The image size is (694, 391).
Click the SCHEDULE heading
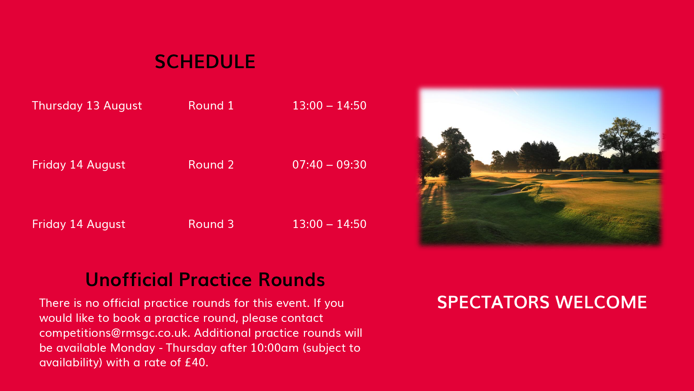click(x=205, y=62)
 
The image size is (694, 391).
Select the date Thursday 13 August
click(x=87, y=106)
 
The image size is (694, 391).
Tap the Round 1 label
click(x=211, y=106)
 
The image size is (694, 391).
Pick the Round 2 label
click(x=211, y=165)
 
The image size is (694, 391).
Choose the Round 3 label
click(x=211, y=224)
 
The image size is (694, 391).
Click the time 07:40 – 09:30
click(x=329, y=165)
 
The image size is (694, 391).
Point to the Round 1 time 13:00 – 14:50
click(x=329, y=106)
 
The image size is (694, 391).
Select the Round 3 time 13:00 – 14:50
click(x=329, y=224)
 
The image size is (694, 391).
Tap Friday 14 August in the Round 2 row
click(x=79, y=165)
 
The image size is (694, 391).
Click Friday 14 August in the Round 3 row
click(x=79, y=225)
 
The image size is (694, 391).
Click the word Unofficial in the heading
click(x=129, y=279)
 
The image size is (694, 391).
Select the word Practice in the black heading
click(x=215, y=279)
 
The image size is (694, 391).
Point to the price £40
click(x=196, y=363)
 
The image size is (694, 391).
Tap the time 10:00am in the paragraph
click(x=274, y=348)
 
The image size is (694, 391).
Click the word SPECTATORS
click(x=493, y=302)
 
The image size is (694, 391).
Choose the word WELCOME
click(x=601, y=302)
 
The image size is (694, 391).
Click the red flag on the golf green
click(x=582, y=176)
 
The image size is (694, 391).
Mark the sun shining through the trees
click(x=442, y=154)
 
